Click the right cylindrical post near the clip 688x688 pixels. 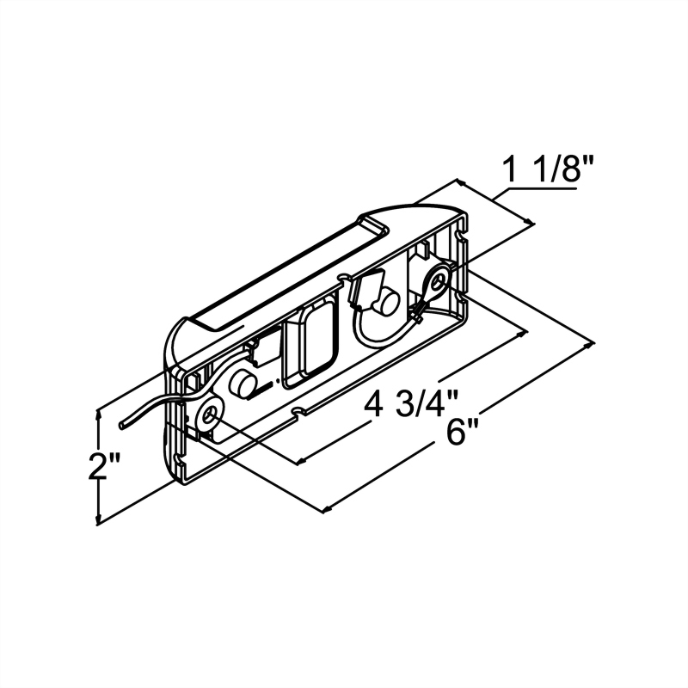(x=385, y=302)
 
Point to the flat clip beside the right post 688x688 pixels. (x=362, y=288)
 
